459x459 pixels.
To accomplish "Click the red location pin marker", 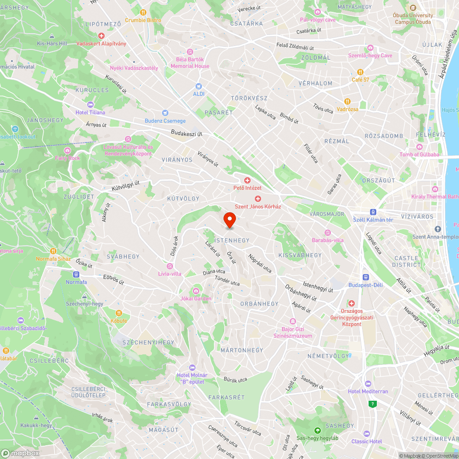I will (x=229, y=220).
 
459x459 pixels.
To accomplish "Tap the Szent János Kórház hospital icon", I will (x=258, y=198).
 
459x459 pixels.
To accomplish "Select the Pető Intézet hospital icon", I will (x=247, y=180).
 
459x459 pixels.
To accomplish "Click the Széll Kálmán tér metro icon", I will (x=373, y=212).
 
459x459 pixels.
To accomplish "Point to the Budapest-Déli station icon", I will (x=366, y=277).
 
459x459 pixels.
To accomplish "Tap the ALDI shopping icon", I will (x=199, y=86).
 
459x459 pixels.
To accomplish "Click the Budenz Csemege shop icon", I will (x=165, y=113).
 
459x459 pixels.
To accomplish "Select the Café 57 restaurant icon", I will (x=360, y=72).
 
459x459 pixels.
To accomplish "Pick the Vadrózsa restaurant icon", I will (x=347, y=101).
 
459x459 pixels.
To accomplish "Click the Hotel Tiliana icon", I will (x=90, y=104).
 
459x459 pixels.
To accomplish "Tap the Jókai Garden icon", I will (x=196, y=291).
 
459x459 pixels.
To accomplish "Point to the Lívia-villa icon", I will (x=170, y=266).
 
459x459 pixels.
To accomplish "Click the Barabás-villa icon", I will (x=328, y=232).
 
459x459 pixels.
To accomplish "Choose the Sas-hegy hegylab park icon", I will (x=317, y=430).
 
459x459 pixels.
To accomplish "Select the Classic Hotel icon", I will (x=366, y=433).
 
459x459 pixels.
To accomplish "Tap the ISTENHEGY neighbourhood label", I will (x=232, y=240).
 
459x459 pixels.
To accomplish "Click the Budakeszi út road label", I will (x=186, y=133).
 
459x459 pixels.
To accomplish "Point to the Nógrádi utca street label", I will (x=260, y=263).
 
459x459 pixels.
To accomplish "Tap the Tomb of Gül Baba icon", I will (x=419, y=146).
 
